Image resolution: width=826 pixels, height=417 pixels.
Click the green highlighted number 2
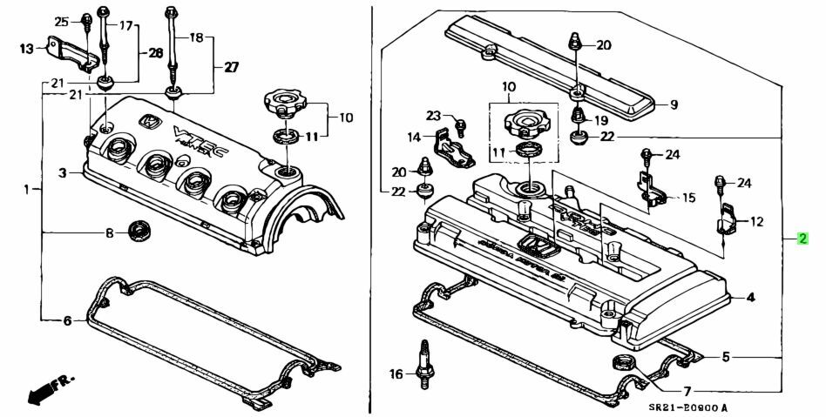coord(802,239)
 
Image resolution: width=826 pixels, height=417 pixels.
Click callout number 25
coord(60,21)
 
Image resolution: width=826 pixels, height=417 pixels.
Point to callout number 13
coord(27,49)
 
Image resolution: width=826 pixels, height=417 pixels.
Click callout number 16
coord(396,374)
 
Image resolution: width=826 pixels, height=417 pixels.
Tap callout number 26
coord(155,53)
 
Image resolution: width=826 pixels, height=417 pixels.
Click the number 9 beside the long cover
coord(673,105)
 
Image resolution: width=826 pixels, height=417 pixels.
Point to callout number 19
coord(600,120)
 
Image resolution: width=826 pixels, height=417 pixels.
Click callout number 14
coord(416,137)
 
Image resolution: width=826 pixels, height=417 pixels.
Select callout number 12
coord(756,222)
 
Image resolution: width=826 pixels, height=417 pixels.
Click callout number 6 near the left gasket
coord(66,321)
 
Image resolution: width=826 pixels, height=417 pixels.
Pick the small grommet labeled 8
coord(138,232)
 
